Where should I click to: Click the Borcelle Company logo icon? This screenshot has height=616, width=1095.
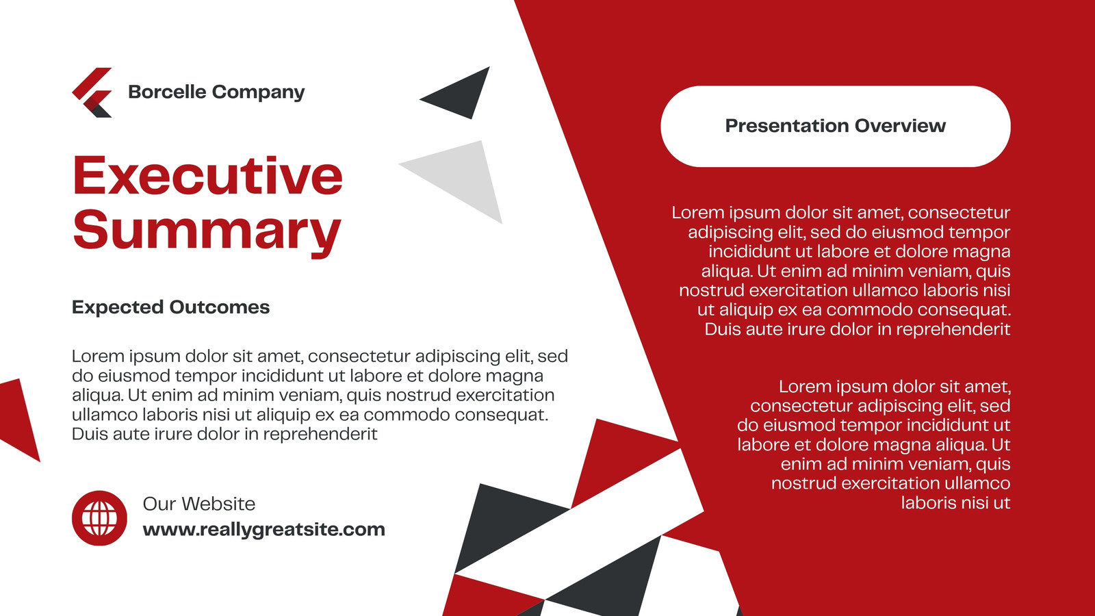pyautogui.click(x=93, y=92)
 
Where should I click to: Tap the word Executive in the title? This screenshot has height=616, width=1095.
pyautogui.click(x=208, y=175)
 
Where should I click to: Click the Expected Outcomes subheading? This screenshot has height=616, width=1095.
pyautogui.click(x=170, y=307)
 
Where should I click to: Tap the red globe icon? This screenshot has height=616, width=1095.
pyautogui.click(x=99, y=517)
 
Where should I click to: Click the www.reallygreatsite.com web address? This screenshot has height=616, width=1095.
pyautogui.click(x=264, y=530)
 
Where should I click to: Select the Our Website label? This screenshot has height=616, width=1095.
pyautogui.click(x=199, y=504)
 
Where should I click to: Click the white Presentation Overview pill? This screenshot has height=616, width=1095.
pyautogui.click(x=836, y=126)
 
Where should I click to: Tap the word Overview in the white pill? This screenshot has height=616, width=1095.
pyautogui.click(x=901, y=126)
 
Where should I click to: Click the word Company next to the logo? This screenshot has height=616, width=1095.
pyautogui.click(x=259, y=92)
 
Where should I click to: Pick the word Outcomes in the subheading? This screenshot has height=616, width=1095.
pyautogui.click(x=220, y=307)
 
